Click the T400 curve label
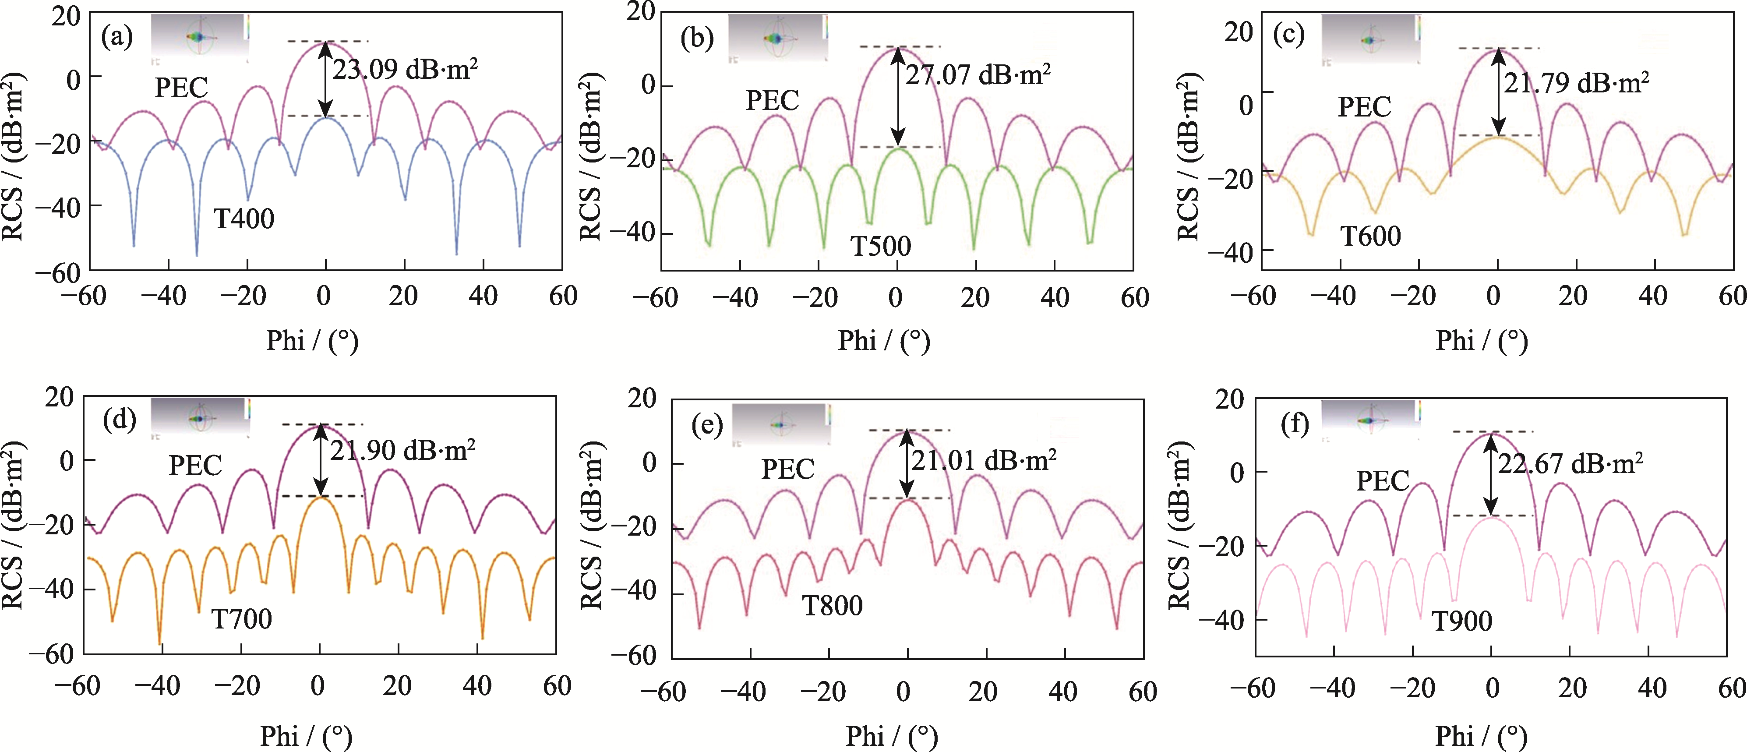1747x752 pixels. (x=244, y=219)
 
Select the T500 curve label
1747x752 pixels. (x=881, y=245)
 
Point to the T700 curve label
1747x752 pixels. (x=241, y=618)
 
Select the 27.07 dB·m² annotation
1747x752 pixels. (x=978, y=74)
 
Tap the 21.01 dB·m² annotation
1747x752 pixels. (x=983, y=461)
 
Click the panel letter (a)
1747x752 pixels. (x=116, y=37)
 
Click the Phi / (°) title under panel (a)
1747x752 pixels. (x=312, y=340)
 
